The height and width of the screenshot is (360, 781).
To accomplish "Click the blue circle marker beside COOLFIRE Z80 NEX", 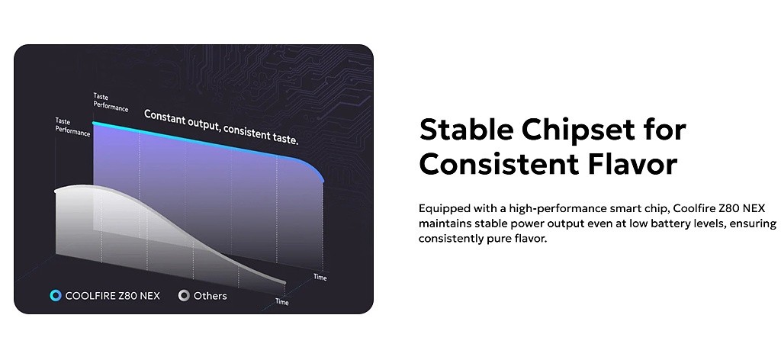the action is tap(55, 296).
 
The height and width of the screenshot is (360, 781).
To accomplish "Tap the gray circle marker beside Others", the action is tap(184, 296).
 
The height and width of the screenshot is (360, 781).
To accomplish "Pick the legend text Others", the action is tap(211, 296).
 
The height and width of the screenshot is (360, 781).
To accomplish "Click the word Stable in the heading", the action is tap(466, 130).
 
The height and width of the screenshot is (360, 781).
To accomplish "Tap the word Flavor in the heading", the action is tap(632, 164).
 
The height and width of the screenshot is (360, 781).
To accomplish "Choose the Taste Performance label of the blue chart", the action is tap(110, 102).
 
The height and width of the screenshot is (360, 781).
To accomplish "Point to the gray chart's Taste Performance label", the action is tap(72, 127).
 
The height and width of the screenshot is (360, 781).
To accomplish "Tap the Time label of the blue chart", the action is tap(320, 277).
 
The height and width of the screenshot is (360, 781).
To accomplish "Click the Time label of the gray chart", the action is tap(282, 302).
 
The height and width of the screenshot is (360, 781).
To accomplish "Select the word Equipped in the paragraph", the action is tap(442, 209).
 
